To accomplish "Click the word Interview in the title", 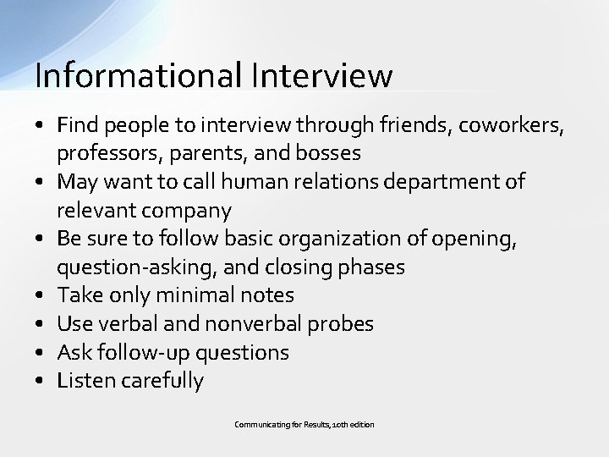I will [x=321, y=75].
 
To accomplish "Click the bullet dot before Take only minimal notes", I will [x=40, y=296].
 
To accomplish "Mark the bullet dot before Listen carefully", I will [x=40, y=382].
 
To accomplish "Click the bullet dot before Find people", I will [x=40, y=126].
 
